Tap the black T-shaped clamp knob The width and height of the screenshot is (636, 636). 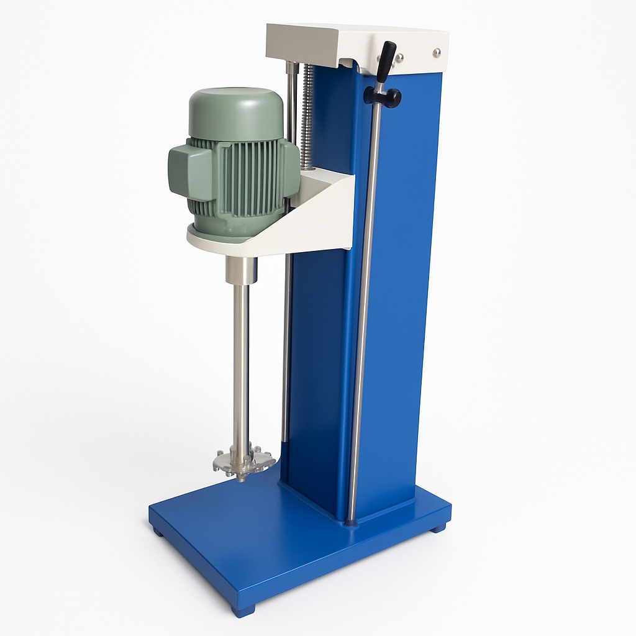[383, 97]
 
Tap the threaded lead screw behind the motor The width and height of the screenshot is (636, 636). [307, 118]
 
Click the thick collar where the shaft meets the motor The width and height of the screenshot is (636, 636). [241, 271]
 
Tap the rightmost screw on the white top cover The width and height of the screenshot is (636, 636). [437, 53]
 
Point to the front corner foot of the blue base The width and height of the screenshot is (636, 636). [243, 610]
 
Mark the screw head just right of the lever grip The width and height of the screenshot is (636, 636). [399, 58]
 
